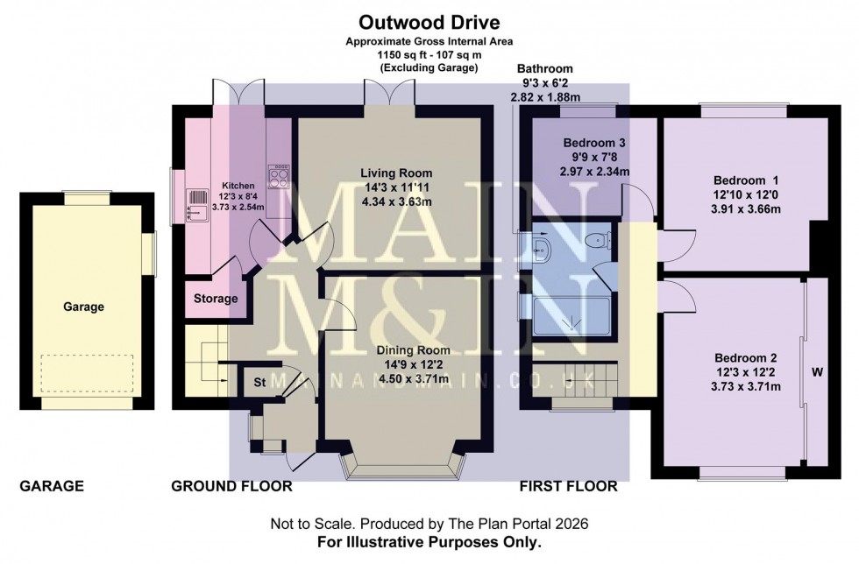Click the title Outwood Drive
(x=429, y=21)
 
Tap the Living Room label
(x=390, y=173)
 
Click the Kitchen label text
(x=213, y=185)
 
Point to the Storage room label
(x=216, y=299)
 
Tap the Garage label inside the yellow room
(x=83, y=307)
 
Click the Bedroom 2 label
(x=746, y=358)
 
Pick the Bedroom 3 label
(x=594, y=143)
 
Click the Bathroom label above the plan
(x=544, y=68)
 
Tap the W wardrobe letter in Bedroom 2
(x=816, y=372)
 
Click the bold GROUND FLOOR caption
(x=231, y=486)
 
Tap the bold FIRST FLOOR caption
(x=568, y=486)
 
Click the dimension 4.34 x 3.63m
(x=390, y=201)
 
